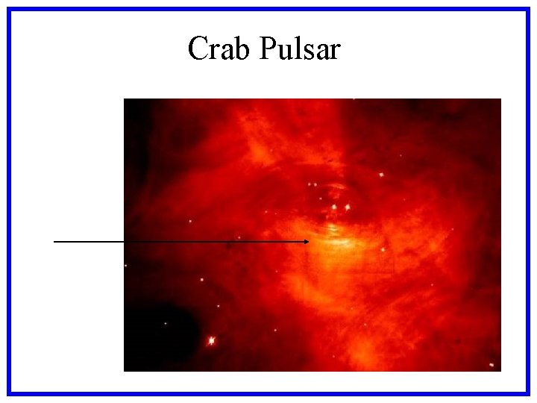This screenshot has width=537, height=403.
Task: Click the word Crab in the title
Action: click(x=220, y=49)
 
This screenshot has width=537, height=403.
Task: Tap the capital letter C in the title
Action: click(x=198, y=49)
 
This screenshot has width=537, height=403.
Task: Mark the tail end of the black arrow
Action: click(x=55, y=242)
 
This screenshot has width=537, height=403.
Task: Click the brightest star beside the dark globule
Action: click(x=211, y=340)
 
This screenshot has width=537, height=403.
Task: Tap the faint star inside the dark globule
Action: click(x=166, y=323)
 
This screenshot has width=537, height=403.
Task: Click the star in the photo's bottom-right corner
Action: click(x=492, y=365)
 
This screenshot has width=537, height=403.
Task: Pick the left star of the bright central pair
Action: click(x=334, y=207)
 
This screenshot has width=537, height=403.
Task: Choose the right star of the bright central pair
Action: click(x=348, y=207)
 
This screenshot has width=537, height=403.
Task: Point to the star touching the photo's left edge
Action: click(x=125, y=265)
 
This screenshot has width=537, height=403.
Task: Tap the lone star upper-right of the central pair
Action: click(x=380, y=175)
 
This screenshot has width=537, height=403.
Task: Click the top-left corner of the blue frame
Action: click(x=9, y=9)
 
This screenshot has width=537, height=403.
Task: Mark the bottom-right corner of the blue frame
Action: click(x=527, y=393)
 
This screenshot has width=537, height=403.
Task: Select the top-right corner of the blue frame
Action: click(x=527, y=9)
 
